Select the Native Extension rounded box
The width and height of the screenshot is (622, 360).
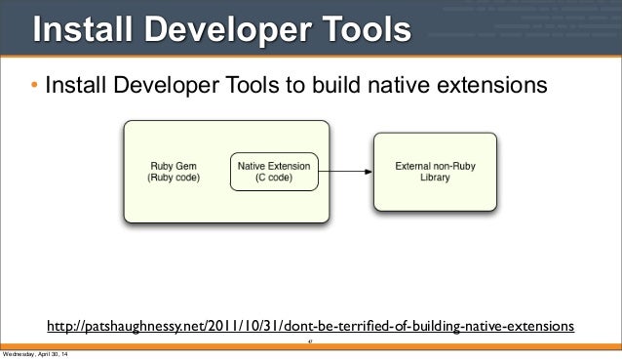(273, 173)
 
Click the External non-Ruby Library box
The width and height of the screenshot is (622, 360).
(434, 173)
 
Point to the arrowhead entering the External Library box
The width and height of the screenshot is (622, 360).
(368, 173)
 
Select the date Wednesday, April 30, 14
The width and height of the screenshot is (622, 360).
(36, 353)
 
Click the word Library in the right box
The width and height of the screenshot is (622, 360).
(434, 180)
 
